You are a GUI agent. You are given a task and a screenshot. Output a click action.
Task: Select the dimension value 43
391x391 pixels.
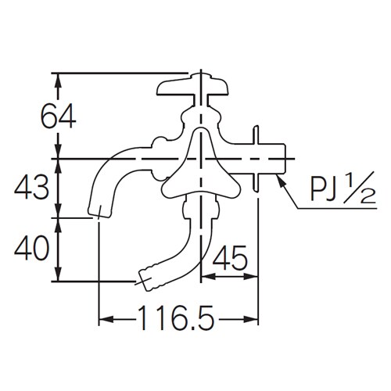pyautogui.click(x=34, y=188)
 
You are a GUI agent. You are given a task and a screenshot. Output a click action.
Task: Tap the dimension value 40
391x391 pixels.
pyautogui.click(x=33, y=249)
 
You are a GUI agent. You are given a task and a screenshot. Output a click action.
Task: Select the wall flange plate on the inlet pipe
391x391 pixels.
pyautogui.click(x=258, y=157)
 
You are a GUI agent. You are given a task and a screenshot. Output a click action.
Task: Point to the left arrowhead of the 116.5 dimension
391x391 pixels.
pyautogui.click(x=103, y=319)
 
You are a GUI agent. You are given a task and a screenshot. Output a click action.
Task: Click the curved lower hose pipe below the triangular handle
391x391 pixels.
pyautogui.click(x=188, y=239)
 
